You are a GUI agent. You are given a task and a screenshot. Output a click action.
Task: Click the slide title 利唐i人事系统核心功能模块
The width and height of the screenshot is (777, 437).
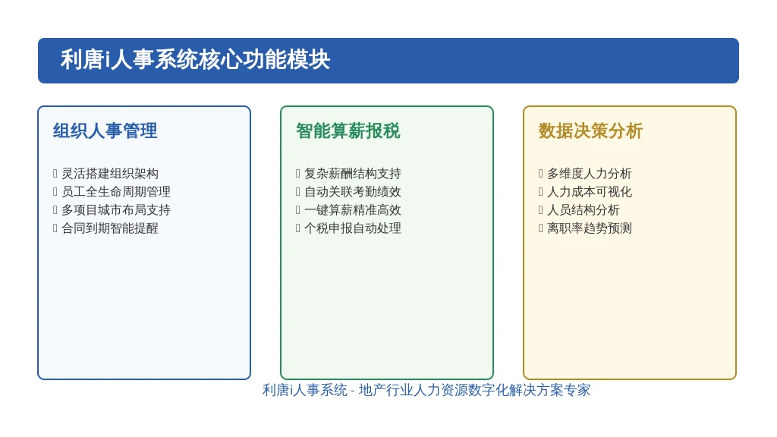pos(195,60)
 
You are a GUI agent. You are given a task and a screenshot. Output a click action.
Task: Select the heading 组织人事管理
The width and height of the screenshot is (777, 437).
pos(105,130)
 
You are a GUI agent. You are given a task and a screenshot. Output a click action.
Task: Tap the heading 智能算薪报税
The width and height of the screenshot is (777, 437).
pos(348,130)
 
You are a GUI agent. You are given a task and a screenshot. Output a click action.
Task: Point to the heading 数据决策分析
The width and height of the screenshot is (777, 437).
pos(590,130)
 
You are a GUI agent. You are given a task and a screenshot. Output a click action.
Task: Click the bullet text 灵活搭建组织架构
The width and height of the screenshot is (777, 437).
pos(110,174)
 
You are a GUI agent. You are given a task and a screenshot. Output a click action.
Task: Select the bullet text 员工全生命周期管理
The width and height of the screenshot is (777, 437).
pos(116,192)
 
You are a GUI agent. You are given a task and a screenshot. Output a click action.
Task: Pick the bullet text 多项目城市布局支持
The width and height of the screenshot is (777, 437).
pos(116,210)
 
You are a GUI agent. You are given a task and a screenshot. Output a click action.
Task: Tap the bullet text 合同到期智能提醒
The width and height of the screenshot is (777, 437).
pos(110,228)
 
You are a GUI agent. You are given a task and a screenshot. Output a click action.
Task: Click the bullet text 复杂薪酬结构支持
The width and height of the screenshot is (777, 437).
pos(353,174)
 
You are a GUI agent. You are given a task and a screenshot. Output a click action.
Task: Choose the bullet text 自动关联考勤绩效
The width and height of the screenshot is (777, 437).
pos(353,192)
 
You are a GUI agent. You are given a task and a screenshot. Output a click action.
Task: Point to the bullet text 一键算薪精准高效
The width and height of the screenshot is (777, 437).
pos(353,210)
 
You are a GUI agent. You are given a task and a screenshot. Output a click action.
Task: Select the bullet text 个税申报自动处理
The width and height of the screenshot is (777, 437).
pos(353,228)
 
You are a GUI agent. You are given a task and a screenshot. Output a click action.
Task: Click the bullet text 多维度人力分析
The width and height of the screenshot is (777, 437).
pos(590,174)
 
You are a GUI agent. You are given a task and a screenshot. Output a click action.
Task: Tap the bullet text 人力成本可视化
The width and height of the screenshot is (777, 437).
pos(590,192)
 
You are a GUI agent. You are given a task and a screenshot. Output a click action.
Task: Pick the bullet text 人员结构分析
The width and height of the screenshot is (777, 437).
pos(584,210)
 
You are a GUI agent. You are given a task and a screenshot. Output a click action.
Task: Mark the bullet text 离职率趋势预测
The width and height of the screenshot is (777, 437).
pos(590,228)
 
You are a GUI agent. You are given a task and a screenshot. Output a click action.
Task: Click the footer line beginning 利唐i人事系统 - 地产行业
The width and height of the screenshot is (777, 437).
pos(426,391)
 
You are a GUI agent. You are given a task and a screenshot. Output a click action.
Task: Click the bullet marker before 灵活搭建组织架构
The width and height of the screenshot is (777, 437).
pos(55,174)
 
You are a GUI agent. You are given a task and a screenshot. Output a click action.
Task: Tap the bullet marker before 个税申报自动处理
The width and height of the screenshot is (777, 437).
pos(297,228)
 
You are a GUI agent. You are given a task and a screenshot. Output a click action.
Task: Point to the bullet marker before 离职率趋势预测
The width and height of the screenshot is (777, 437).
pos(540,228)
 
